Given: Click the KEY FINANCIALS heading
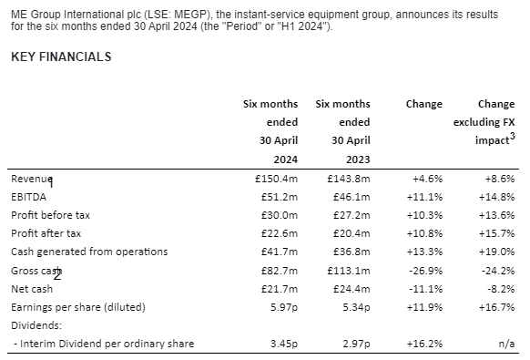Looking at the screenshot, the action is (x=61, y=57).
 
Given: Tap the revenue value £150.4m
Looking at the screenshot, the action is (x=277, y=179).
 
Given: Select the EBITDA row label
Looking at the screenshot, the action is (x=29, y=197).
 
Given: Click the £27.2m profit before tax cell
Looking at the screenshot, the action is (x=352, y=215).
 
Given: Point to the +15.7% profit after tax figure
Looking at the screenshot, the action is (x=497, y=233).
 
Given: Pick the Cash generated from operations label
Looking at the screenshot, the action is (x=89, y=252).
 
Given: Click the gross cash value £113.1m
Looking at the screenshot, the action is (x=349, y=271).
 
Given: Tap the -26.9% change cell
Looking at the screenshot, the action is (x=425, y=271).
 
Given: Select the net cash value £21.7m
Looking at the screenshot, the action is (x=280, y=289).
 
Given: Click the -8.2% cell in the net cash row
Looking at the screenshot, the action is (x=501, y=289).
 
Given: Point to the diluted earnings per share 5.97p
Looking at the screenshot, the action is (x=284, y=307).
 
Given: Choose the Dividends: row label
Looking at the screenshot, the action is (x=36, y=325).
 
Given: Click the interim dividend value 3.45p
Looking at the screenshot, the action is (x=284, y=344).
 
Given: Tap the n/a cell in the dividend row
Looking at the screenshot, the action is (x=506, y=344).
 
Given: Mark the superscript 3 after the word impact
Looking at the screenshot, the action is (x=513, y=136).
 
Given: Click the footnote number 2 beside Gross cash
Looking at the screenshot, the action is (x=57, y=276).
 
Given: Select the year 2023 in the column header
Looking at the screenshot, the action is (x=358, y=159).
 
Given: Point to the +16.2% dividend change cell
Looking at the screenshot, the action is (x=424, y=344).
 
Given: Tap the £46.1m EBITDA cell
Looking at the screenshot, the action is (x=352, y=197).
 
